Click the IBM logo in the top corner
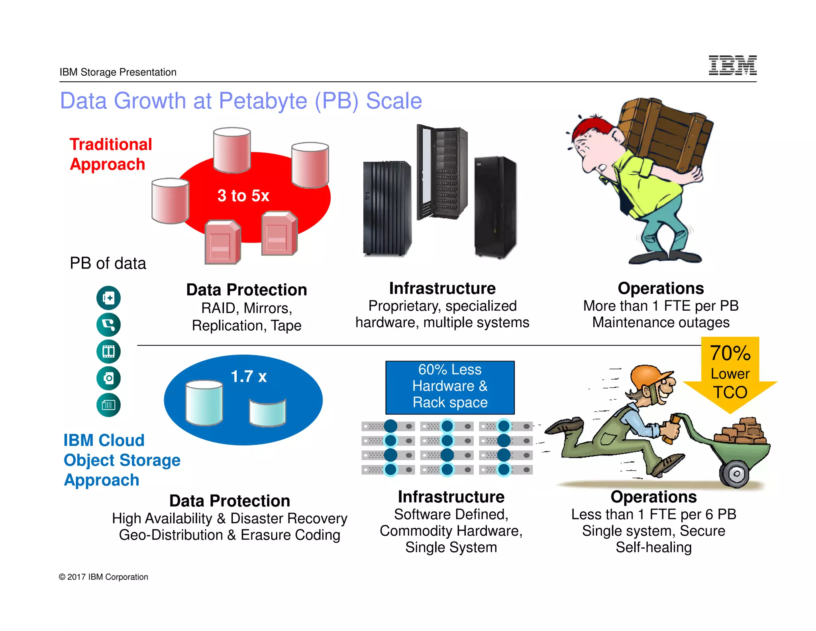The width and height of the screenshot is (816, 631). [732, 65]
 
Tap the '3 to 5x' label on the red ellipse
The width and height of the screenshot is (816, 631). [243, 196]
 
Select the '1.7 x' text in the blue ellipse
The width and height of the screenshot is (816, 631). [249, 377]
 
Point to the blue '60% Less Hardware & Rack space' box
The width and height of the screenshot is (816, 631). [450, 387]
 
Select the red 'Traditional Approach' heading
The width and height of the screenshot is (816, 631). [111, 154]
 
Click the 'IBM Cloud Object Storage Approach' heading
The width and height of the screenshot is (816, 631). [121, 460]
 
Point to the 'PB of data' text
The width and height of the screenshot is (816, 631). [108, 263]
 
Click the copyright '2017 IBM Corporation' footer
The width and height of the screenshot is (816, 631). [104, 577]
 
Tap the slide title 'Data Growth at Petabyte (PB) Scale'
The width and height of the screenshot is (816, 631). [241, 101]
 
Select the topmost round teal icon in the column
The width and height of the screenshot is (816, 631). [108, 298]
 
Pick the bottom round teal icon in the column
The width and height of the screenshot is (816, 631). [108, 405]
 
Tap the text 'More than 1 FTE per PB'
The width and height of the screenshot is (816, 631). [661, 306]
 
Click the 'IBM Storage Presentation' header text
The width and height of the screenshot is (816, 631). [118, 72]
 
